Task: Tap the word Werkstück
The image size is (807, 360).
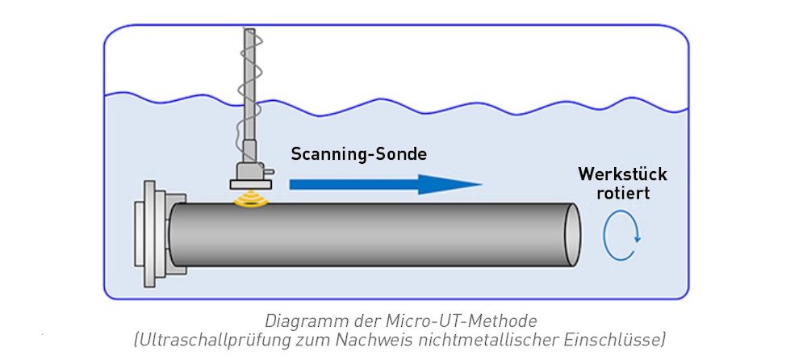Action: point(622,175)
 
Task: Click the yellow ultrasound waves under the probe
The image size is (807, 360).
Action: point(250,198)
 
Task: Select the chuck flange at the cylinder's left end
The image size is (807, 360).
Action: point(153,234)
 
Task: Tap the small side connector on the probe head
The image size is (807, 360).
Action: point(270,172)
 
